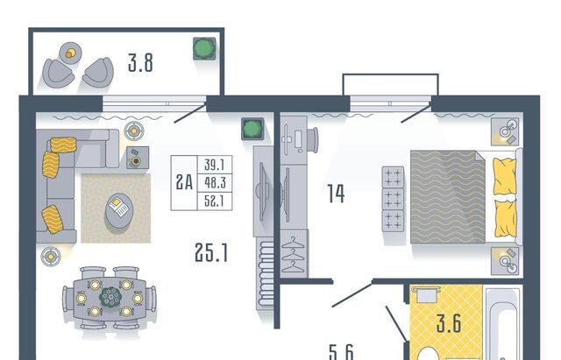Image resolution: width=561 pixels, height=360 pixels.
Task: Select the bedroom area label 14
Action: click(334, 194)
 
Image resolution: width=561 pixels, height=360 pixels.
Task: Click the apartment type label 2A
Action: click(184, 182)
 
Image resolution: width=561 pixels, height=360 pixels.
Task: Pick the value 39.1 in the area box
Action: click(213, 165)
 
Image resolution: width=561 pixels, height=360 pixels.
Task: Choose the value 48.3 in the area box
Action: click(213, 182)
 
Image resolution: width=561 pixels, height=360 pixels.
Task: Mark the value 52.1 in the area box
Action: click(213, 201)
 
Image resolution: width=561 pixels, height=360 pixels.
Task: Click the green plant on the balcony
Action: click(205, 48)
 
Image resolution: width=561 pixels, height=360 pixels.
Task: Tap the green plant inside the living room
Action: click(252, 131)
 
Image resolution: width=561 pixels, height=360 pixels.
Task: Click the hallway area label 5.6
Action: click(342, 352)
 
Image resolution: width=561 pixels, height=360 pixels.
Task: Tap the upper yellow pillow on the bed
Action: click(504, 174)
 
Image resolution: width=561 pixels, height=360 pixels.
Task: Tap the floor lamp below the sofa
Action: click(51, 256)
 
